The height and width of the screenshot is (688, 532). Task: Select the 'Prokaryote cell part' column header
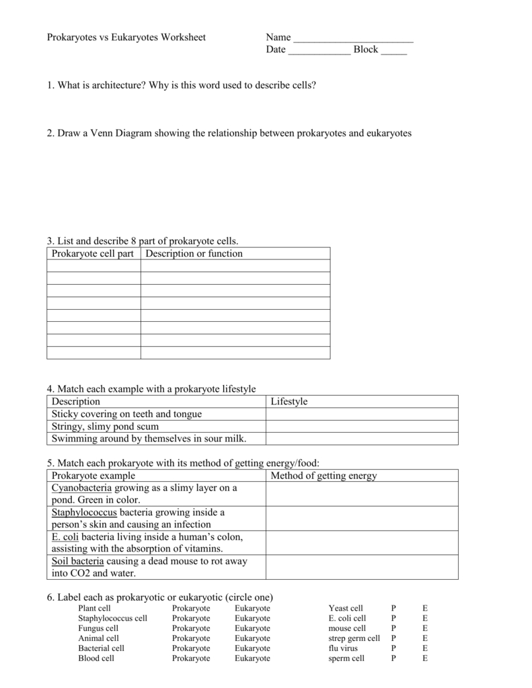coord(93,254)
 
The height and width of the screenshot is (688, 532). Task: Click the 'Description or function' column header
coord(194,254)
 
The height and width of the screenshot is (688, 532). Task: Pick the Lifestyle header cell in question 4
coord(289,402)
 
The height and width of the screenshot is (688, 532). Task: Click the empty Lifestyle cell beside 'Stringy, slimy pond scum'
coord(362,426)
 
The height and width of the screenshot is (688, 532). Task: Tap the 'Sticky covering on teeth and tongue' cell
coord(126,414)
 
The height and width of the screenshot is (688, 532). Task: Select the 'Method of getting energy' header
coord(324,476)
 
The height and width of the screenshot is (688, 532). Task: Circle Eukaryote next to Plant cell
coord(252,608)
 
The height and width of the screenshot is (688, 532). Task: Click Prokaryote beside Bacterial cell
coord(191,648)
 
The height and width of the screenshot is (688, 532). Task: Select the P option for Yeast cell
coord(393,608)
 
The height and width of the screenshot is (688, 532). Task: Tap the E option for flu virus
coord(424,648)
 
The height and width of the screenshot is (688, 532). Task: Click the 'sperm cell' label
coord(346,658)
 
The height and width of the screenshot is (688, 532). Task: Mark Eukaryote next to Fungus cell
coord(252,628)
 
